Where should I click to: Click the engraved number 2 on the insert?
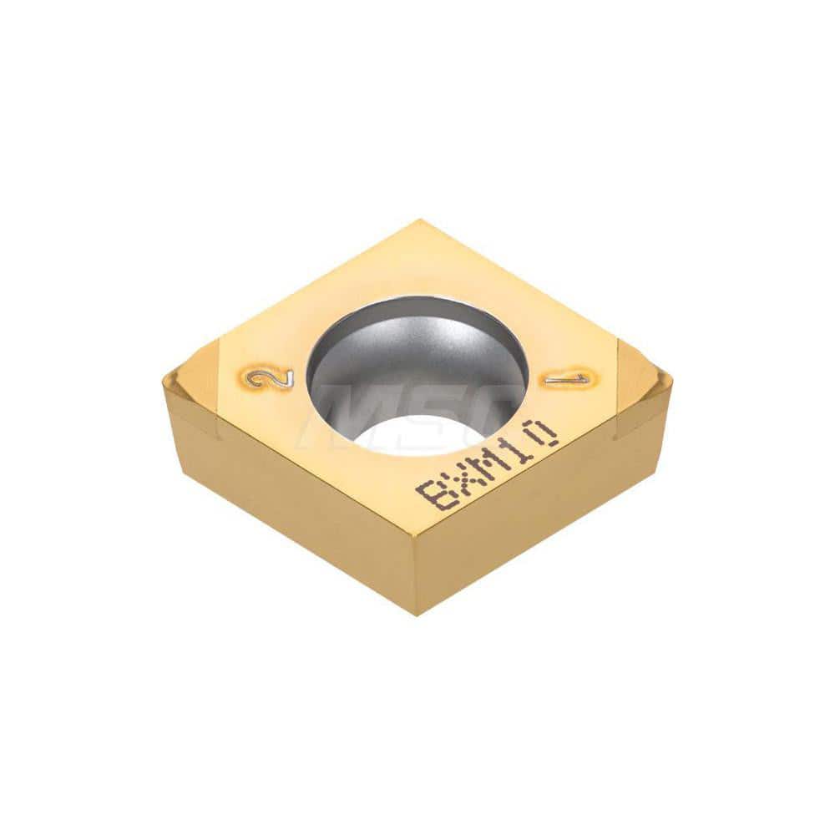(x=270, y=378)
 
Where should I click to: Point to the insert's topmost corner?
(x=421, y=221)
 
